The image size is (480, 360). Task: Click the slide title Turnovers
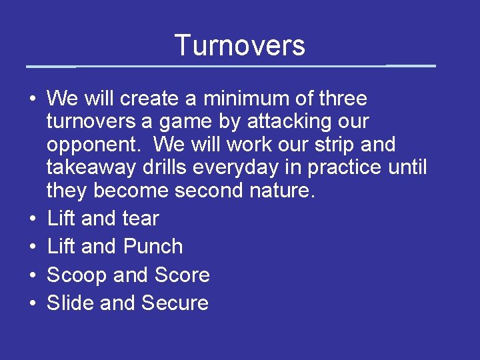pos(240,45)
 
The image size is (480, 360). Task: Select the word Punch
pos(152,247)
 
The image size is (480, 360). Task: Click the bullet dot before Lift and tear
pos(32,219)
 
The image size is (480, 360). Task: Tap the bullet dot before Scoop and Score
pos(32,276)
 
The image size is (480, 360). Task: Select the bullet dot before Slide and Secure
pos(32,304)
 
